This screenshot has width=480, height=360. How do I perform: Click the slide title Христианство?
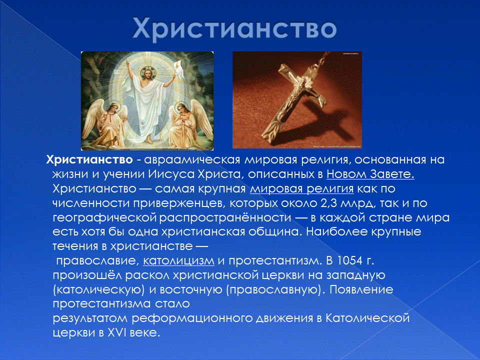coord(234,28)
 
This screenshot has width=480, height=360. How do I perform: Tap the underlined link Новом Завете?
coord(370,174)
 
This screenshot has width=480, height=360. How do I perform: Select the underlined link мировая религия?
coord(301,189)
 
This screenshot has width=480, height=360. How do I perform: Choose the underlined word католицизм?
coord(178,261)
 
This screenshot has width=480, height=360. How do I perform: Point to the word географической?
coord(105,218)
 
